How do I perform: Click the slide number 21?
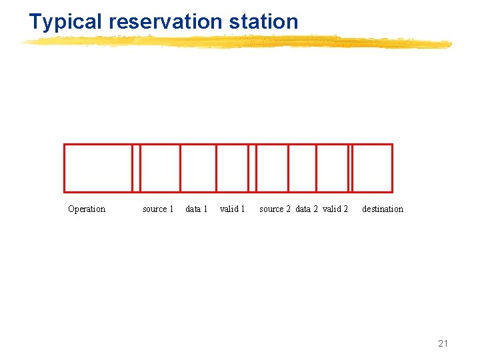pos(443,343)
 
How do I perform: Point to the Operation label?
pos(87,209)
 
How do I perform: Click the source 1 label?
pos(158,209)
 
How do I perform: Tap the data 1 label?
pos(197,209)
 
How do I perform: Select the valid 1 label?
pos(233,209)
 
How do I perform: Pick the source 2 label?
pos(275,209)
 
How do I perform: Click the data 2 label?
pos(307,209)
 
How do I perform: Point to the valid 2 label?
pos(335,209)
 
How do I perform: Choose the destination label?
pos(383,209)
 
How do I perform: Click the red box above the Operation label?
pos(98,168)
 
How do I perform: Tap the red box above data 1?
pos(199,168)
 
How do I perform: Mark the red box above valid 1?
pos(232,168)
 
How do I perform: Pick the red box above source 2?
pos(273,168)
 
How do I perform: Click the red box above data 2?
pos(303,168)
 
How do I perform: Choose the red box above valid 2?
pos(333,168)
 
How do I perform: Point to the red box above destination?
pos(373,168)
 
